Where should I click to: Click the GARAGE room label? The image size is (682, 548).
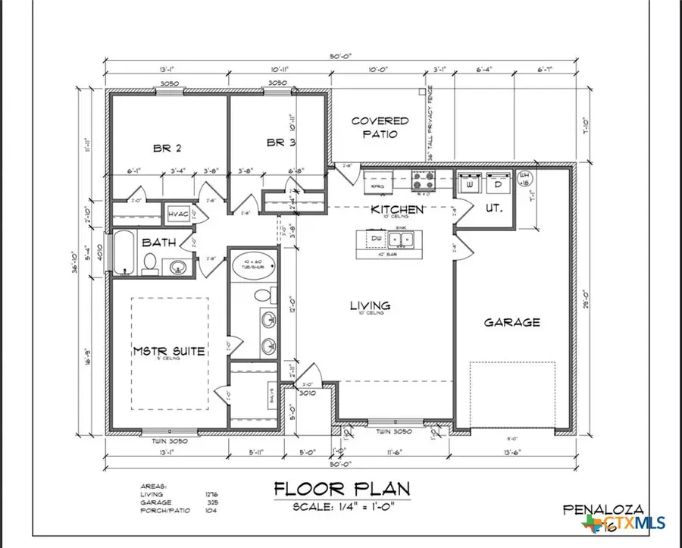[x=512, y=322]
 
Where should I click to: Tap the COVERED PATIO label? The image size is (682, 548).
[x=380, y=127]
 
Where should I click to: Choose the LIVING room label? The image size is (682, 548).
[x=370, y=305]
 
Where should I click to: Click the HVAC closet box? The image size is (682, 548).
[x=177, y=213]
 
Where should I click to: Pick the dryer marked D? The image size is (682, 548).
[x=499, y=184]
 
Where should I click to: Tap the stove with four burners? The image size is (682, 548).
[x=422, y=182]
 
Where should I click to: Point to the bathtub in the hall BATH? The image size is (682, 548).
[x=124, y=255]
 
